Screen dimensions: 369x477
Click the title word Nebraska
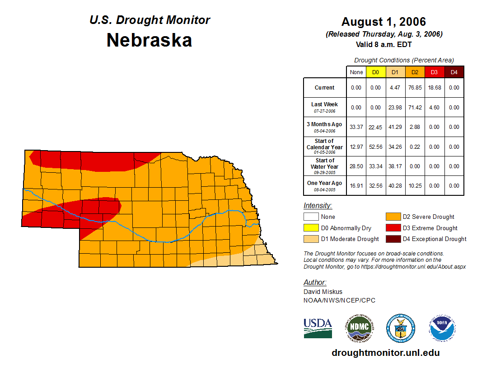point(150,40)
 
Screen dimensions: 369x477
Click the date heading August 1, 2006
point(383,22)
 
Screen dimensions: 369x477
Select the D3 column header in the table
point(434,72)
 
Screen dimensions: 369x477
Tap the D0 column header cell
point(375,72)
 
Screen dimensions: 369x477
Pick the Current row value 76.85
point(415,88)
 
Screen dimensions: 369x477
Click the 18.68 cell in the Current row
point(434,88)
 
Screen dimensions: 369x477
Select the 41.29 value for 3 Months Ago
point(395,127)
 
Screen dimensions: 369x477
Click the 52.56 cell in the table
point(375,147)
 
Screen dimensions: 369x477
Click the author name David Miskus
point(323,292)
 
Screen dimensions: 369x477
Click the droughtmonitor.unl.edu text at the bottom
point(385,353)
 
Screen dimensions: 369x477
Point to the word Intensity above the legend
point(318,206)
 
